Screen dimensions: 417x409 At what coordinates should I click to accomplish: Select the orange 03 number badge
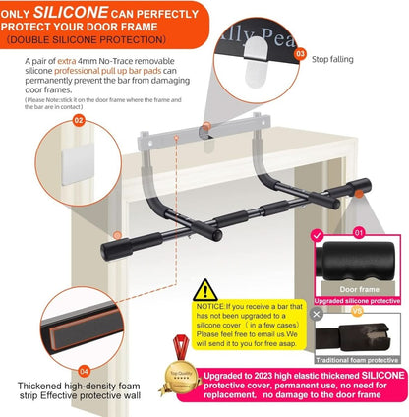pyautogui.click(x=300, y=56)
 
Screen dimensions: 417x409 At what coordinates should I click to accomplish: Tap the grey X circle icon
pyautogui.click(x=316, y=314)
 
